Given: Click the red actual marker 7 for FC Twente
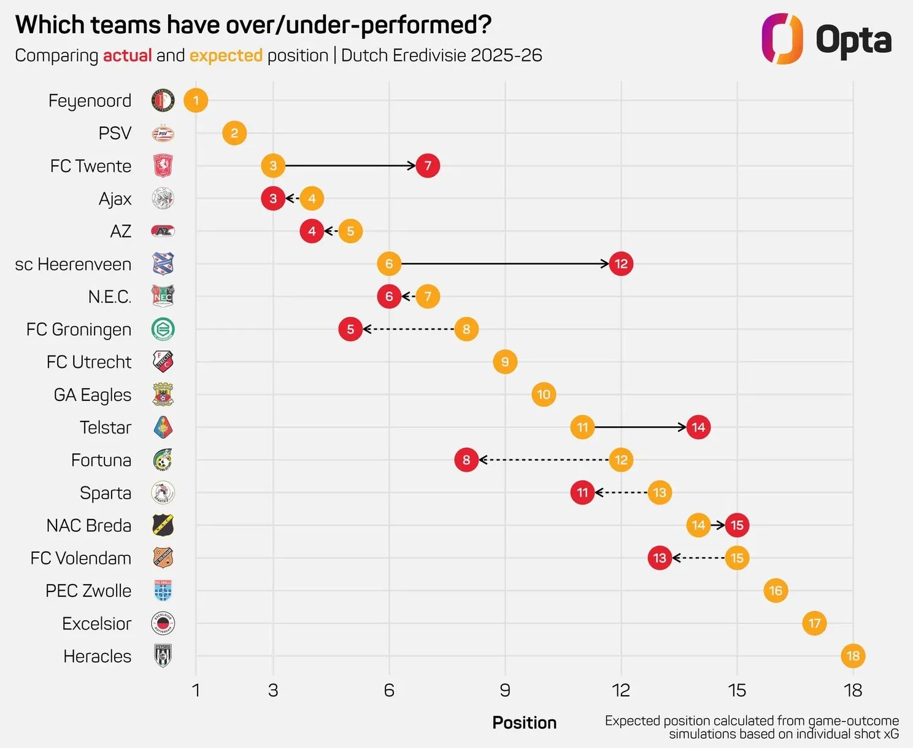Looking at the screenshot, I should [428, 166].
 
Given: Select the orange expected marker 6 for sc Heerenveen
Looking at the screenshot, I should [389, 264].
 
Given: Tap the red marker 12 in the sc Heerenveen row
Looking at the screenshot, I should [621, 264].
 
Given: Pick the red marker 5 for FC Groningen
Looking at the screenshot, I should [350, 329].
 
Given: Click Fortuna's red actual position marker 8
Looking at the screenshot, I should [466, 460].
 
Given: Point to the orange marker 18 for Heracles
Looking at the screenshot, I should [853, 656].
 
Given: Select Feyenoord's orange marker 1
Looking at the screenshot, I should [196, 101].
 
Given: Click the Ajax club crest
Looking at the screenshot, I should [163, 198].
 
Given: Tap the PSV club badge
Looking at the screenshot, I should [163, 133].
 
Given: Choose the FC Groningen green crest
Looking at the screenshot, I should [163, 329].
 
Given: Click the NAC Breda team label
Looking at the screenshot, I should [89, 526].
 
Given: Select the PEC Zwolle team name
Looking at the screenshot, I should [88, 591].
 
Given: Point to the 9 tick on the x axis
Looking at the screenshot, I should [505, 690].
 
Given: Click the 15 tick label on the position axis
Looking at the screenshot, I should [737, 690].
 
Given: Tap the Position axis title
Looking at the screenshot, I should [524, 723].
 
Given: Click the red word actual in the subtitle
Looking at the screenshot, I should [127, 55].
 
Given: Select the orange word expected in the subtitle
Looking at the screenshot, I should [226, 55].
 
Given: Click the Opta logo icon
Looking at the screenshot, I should [782, 39].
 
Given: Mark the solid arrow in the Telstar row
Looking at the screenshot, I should [640, 427].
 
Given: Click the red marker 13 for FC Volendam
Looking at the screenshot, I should [660, 558].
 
